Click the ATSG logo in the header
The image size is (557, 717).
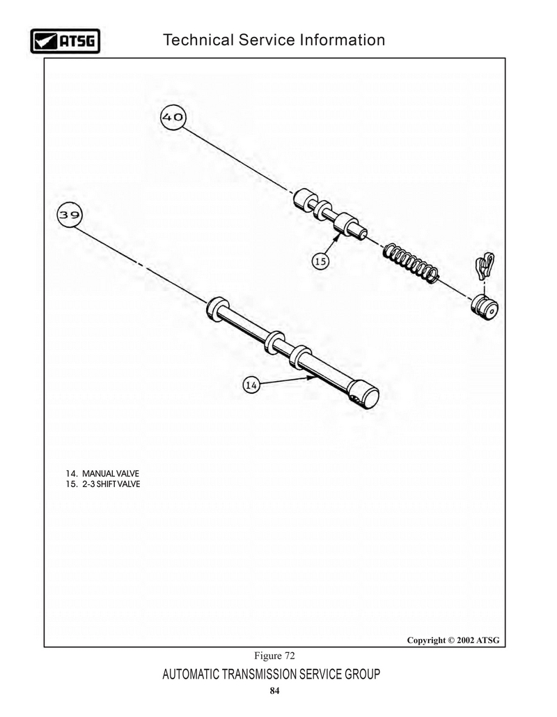pos(65,40)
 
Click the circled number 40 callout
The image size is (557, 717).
pos(173,118)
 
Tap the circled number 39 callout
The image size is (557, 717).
pos(70,215)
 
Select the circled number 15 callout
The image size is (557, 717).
pos(320,261)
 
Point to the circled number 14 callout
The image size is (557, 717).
pos(251,385)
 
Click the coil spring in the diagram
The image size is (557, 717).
pos(411,263)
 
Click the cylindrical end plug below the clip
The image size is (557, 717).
pos(485,307)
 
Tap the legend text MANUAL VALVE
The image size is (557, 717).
pos(110,474)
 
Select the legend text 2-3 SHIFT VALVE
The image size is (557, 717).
pos(111,484)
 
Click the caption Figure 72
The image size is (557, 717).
pos(274,656)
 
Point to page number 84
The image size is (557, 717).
pos(274,691)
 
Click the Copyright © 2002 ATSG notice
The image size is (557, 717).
pos(453,640)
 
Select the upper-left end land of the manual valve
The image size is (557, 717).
pos(217,309)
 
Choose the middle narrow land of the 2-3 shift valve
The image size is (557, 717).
pos(322,209)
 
